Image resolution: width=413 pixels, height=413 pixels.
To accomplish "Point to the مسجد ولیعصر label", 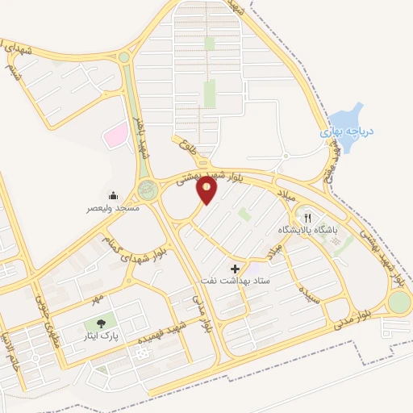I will (114, 208).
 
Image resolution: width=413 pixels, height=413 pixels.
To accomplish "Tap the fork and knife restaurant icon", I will (307, 217).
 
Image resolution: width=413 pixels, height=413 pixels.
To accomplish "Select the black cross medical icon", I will (236, 268).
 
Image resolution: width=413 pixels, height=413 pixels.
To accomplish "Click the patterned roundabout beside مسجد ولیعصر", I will (148, 190).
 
